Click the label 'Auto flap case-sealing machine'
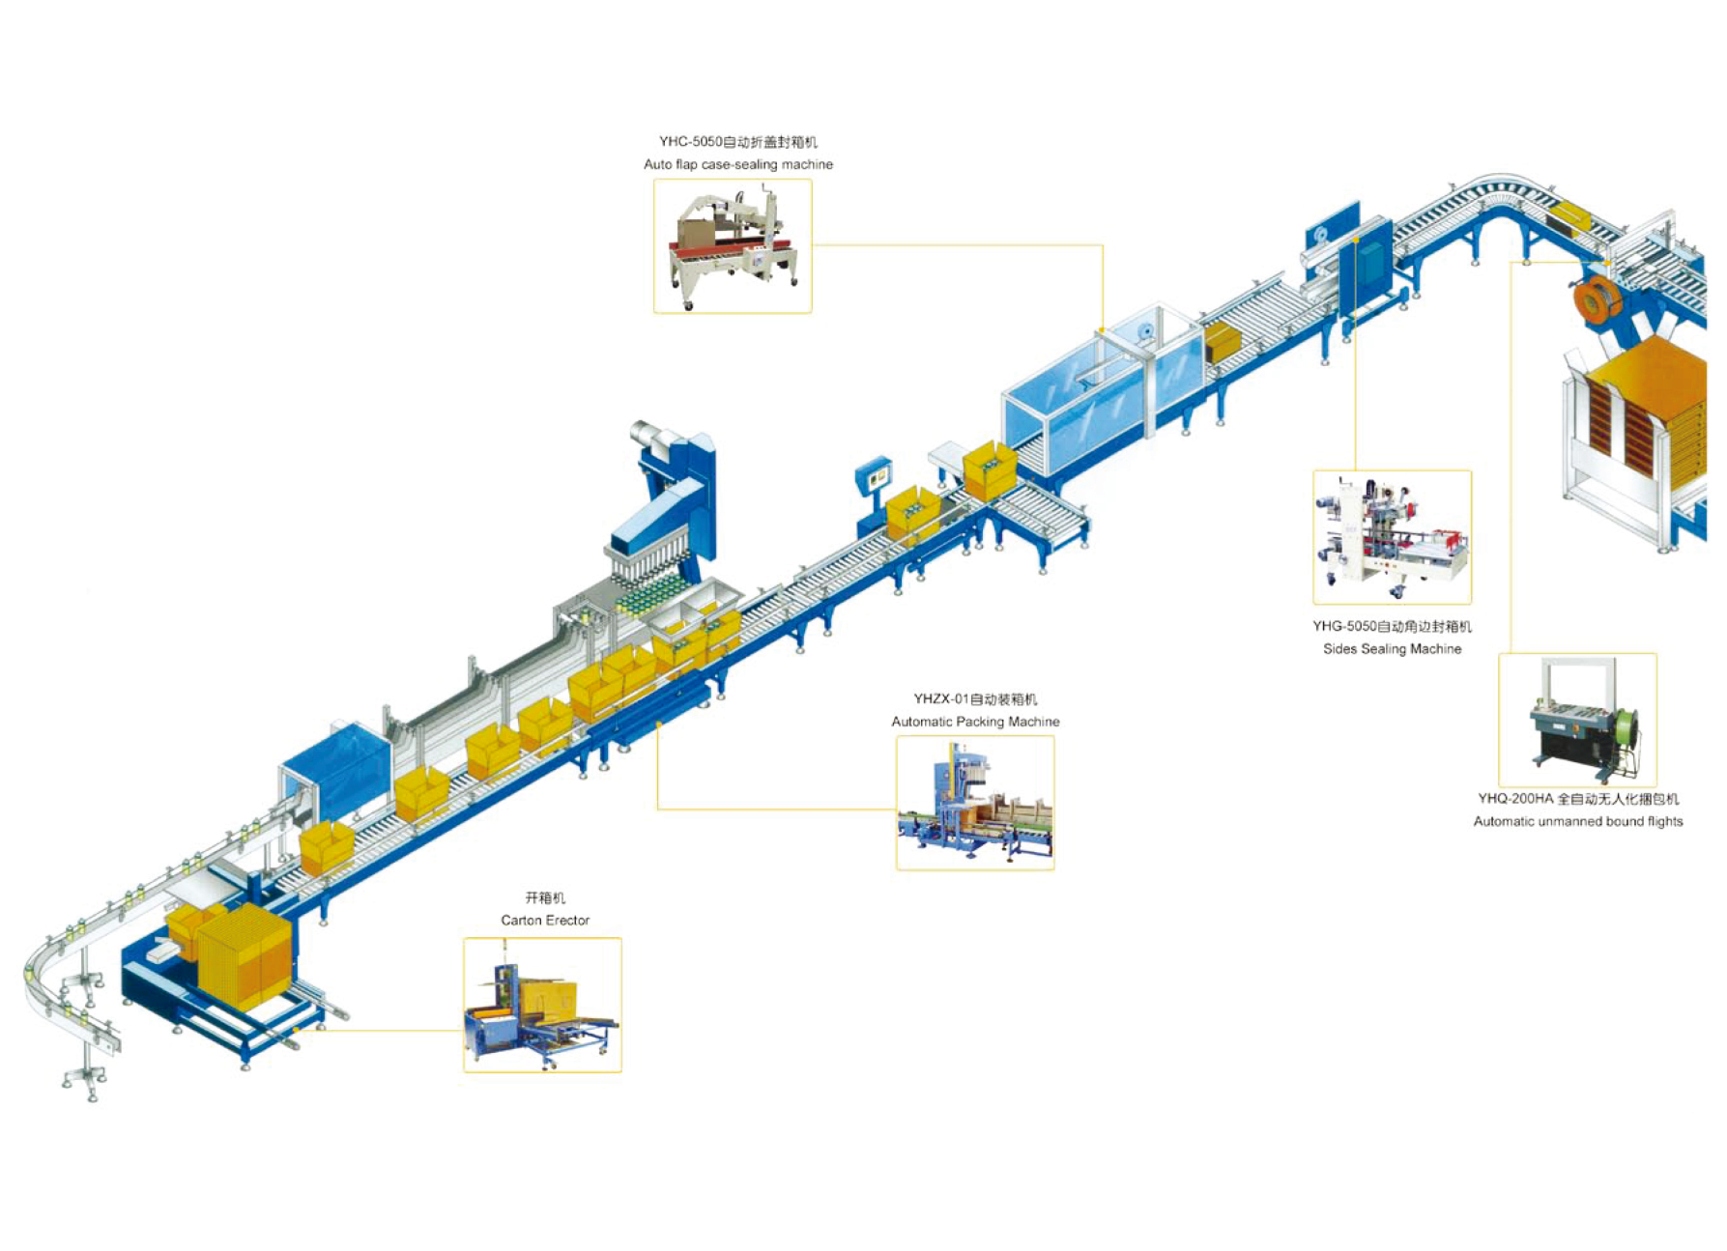737,164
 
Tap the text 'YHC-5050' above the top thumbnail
690,142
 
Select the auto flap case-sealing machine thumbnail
733,246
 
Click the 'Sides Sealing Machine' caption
1392,649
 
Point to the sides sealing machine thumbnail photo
1392,537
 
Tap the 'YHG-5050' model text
1344,626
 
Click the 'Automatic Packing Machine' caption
975,722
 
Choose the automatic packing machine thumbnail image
975,803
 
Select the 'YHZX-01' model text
941,698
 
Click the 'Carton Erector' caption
545,921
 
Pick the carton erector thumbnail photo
542,1005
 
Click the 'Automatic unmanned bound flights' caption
1578,822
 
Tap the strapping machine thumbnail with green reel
1577,721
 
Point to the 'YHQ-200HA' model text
1515,799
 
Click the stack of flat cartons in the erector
244,956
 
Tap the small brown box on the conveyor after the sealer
1223,343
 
